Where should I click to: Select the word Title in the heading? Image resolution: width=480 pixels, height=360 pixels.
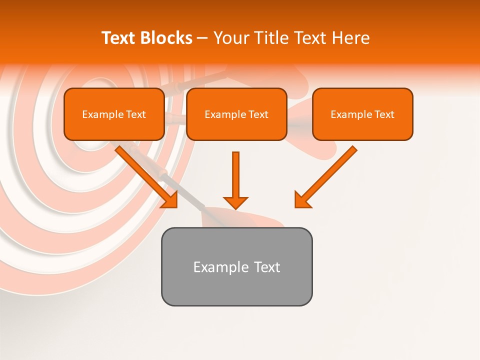tap(271, 38)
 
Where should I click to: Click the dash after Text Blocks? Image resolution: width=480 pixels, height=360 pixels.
tap(202, 38)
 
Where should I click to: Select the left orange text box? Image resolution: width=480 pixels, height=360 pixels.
tap(114, 114)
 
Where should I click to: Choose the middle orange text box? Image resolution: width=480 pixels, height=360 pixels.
tap(236, 114)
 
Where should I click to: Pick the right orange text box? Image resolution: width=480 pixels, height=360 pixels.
tap(362, 114)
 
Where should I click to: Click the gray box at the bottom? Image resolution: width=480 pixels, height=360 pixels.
tap(236, 266)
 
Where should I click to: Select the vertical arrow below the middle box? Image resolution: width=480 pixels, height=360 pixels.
tap(235, 177)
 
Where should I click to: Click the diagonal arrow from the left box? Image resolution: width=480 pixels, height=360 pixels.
tap(145, 175)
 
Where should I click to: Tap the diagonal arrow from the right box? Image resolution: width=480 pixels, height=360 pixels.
tap(327, 175)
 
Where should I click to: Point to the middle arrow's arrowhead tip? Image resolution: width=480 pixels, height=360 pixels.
tap(235, 207)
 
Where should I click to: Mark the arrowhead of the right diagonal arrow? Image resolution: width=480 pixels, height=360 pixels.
tap(300, 202)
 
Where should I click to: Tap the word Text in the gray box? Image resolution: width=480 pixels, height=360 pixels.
tap(267, 267)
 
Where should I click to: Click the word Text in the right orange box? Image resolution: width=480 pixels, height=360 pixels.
tap(384, 114)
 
